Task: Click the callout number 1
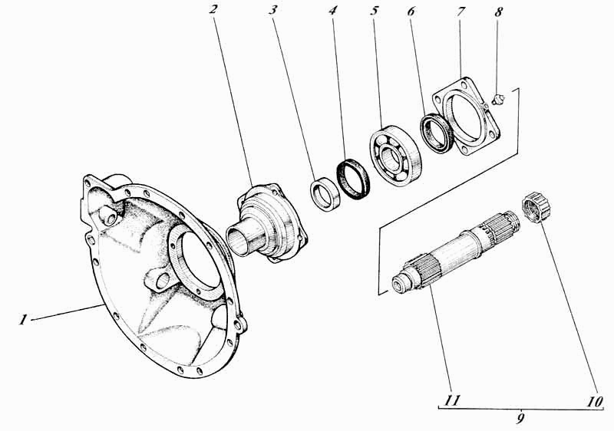(23, 320)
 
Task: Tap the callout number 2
(213, 8)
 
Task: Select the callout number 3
(272, 9)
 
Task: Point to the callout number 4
(332, 9)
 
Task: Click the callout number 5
(375, 10)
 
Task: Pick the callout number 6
(411, 12)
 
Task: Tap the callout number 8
(498, 12)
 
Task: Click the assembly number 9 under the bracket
(520, 418)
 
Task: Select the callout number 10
(594, 401)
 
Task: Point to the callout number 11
(452, 400)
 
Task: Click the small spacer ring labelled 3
(325, 193)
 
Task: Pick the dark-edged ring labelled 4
(353, 179)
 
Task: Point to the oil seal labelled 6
(436, 133)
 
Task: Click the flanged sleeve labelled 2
(267, 223)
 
